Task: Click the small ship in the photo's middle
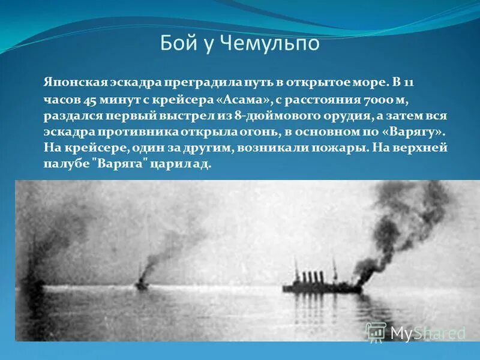pyautogui.click(x=142, y=283)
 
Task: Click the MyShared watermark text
pyautogui.click(x=427, y=333)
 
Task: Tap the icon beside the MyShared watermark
pyautogui.click(x=376, y=332)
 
